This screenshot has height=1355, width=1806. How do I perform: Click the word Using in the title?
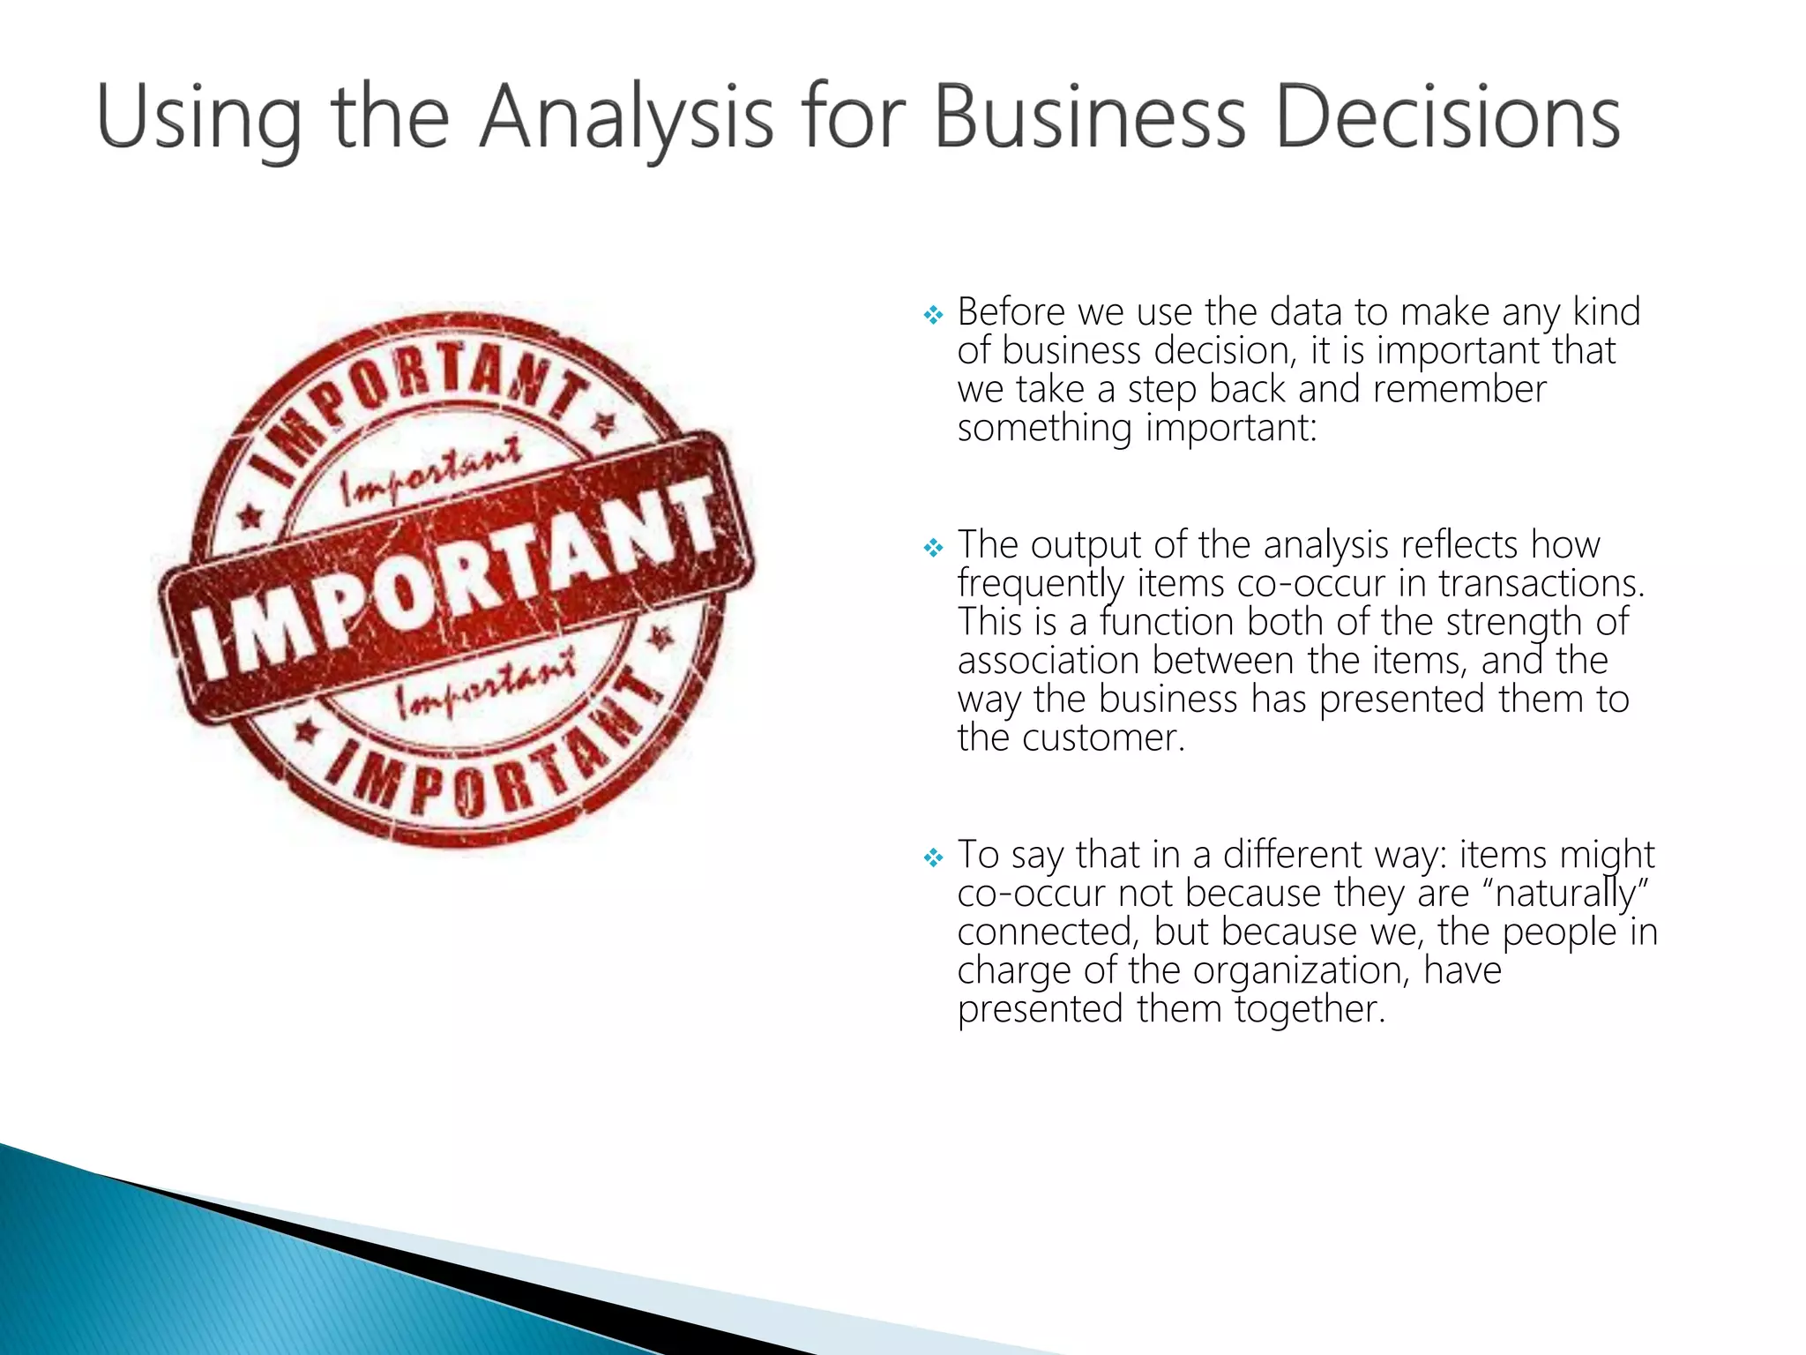198,119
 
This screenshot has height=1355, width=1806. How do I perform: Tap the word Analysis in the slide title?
626,119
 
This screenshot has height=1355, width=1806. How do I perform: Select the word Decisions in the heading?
1447,119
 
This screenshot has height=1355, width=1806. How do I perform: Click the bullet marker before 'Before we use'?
933,314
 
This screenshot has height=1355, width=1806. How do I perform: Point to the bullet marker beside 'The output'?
933,548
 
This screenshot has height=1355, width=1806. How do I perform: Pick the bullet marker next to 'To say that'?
933,857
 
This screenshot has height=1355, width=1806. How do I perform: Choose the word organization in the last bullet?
1295,971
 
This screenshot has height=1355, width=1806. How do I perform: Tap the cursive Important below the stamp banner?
485,684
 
